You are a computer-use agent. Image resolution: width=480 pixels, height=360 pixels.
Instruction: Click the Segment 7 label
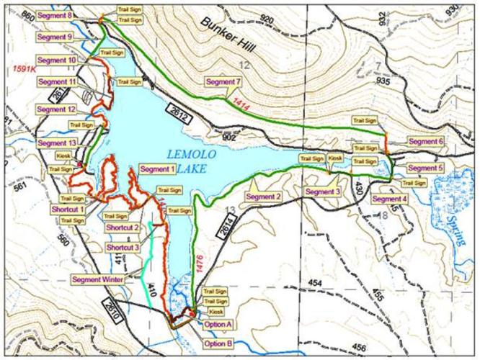pyautogui.click(x=222, y=81)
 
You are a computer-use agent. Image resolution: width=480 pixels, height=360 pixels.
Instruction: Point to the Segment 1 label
pyautogui.click(x=157, y=169)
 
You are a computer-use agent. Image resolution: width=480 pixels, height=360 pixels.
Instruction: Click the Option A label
pyautogui.click(x=218, y=324)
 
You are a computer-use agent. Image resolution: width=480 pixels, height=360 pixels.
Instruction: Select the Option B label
pyautogui.click(x=217, y=343)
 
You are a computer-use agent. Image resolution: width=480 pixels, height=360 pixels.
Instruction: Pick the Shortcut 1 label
pyautogui.click(x=68, y=209)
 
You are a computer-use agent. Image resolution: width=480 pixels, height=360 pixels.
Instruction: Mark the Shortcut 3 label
pyautogui.click(x=122, y=247)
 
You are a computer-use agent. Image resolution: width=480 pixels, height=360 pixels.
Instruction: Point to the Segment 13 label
pyautogui.click(x=57, y=143)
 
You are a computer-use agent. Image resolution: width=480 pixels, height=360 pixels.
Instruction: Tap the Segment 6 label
pyautogui.click(x=426, y=141)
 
